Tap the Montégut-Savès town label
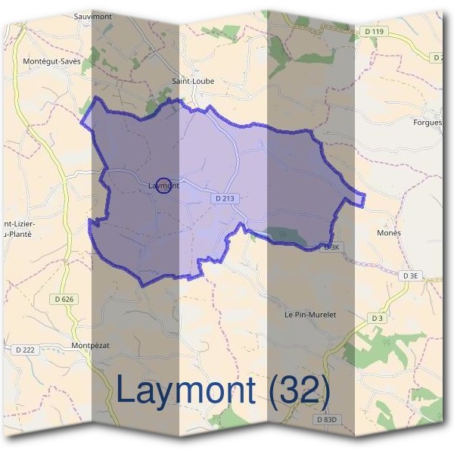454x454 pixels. pyautogui.click(x=52, y=61)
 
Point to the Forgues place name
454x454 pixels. pyautogui.click(x=428, y=122)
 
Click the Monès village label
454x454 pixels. pyautogui.click(x=389, y=233)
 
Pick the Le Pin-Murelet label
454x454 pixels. pyautogui.click(x=309, y=314)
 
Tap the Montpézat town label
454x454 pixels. pyautogui.click(x=91, y=345)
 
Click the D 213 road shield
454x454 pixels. pyautogui.click(x=225, y=198)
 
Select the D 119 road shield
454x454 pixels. pyautogui.click(x=374, y=31)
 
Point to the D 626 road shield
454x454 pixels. pyautogui.click(x=65, y=300)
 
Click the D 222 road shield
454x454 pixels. pyautogui.click(x=26, y=350)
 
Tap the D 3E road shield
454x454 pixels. pyautogui.click(x=411, y=276)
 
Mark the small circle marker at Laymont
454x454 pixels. pyautogui.click(x=162, y=185)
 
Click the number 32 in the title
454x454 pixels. pyautogui.click(x=297, y=390)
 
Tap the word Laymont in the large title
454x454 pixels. pyautogui.click(x=185, y=390)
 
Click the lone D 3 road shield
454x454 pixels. pyautogui.click(x=377, y=319)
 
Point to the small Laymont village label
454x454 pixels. pyautogui.click(x=163, y=185)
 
